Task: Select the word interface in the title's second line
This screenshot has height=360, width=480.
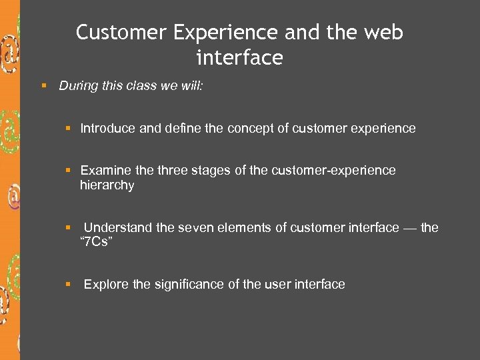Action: click(239, 58)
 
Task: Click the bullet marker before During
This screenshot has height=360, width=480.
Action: click(43, 85)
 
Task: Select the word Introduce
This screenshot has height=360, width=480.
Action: click(108, 128)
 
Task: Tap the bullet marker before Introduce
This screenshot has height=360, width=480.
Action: click(68, 128)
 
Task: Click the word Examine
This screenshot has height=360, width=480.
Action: click(105, 171)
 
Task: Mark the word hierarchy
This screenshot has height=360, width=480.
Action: click(107, 185)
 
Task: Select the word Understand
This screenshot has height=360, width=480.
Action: click(118, 228)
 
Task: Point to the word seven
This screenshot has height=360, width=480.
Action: click(195, 228)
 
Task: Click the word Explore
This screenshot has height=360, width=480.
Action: click(107, 285)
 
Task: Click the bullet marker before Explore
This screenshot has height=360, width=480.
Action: click(68, 285)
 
